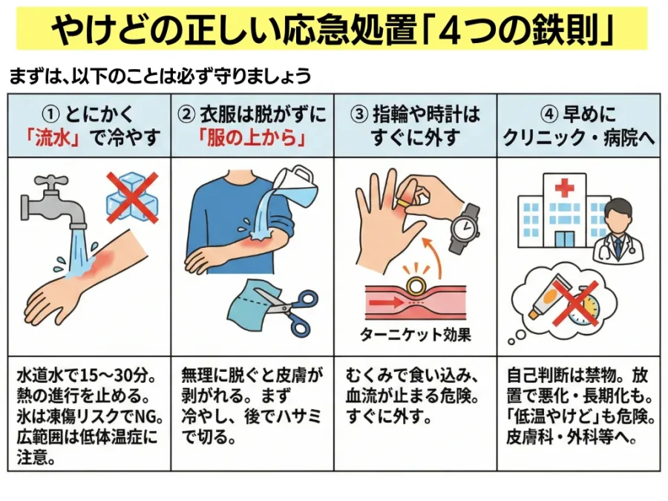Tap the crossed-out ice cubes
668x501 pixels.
click(133, 197)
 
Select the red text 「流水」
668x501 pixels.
click(53, 138)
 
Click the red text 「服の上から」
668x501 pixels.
click(252, 138)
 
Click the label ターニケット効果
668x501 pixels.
click(416, 335)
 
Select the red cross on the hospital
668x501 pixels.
click(565, 187)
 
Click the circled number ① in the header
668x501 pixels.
click(50, 114)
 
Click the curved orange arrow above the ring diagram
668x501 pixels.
click(434, 256)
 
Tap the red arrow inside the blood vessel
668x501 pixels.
click(385, 303)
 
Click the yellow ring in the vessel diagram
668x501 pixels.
click(415, 286)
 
